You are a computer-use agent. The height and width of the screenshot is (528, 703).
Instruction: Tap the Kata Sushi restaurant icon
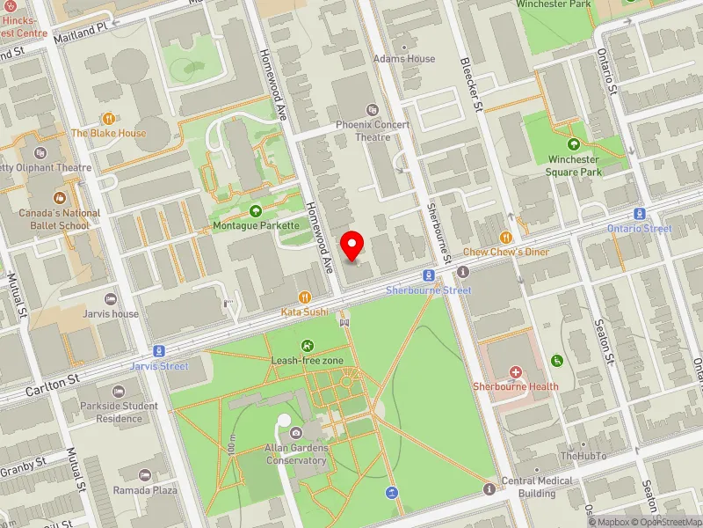coord(304,297)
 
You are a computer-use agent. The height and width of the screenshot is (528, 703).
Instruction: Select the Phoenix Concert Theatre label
coord(373,130)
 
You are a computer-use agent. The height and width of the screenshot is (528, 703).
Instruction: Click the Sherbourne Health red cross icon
coord(515,373)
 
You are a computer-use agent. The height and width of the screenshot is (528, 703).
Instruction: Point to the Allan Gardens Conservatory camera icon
coord(296,433)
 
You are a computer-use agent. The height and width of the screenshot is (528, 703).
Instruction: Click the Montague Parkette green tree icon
coord(256,211)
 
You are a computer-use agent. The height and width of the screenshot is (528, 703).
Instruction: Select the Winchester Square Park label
coord(574,165)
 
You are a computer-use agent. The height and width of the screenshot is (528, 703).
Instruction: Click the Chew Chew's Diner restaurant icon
coord(506,238)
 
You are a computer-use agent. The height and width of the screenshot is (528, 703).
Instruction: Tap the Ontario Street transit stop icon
coord(639,215)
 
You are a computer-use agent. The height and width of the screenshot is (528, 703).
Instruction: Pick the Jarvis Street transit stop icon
coord(159,350)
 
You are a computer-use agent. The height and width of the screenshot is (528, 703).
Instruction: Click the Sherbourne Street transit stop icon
coord(426,275)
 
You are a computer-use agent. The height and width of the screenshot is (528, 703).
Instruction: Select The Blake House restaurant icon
coord(108,118)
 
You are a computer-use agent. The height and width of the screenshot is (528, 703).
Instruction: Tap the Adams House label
coord(404,59)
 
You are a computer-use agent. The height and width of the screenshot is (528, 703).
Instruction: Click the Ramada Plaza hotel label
coord(145,490)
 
